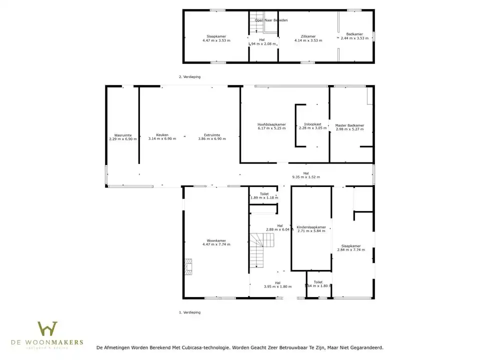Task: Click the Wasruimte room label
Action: pyautogui.click(x=119, y=135)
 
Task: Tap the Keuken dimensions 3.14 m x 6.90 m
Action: pyautogui.click(x=162, y=139)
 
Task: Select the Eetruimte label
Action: pyautogui.click(x=212, y=135)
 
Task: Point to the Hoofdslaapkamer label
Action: pyautogui.click(x=271, y=124)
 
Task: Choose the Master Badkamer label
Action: pyautogui.click(x=349, y=125)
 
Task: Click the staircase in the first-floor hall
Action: pyautogui.click(x=262, y=250)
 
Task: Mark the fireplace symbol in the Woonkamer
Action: pyautogui.click(x=188, y=267)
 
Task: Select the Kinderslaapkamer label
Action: pyautogui.click(x=311, y=227)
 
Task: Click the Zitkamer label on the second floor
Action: pyautogui.click(x=308, y=36)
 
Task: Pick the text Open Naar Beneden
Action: pyautogui.click(x=271, y=20)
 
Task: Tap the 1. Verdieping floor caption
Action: pyautogui.click(x=189, y=312)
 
